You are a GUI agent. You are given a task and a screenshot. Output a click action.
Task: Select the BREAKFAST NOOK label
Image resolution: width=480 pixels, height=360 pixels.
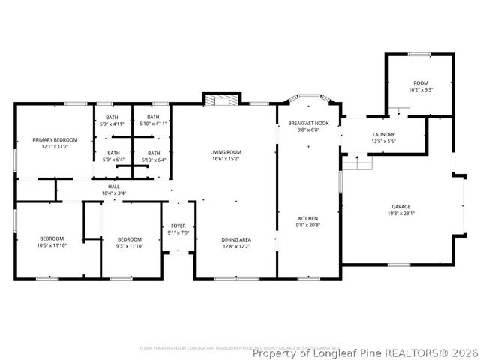tap(308, 123)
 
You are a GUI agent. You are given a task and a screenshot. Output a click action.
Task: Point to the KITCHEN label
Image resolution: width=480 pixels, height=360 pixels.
tap(308, 218)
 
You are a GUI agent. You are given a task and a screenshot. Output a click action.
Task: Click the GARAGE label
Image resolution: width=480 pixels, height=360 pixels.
tap(400, 206)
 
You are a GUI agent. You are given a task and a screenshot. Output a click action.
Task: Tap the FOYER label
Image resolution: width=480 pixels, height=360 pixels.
tap(178, 226)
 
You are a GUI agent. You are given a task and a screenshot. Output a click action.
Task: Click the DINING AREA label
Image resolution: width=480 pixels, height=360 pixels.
tap(235, 239)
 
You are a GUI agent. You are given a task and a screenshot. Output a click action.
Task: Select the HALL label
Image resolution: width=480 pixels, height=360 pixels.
tap(114, 187)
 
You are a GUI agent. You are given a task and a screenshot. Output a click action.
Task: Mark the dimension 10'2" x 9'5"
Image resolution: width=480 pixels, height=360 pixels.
tap(420, 89)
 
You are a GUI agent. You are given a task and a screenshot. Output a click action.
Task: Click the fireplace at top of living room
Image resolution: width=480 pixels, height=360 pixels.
tap(222, 100)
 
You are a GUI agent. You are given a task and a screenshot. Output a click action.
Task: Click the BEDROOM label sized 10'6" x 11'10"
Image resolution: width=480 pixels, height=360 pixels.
tap(51, 239)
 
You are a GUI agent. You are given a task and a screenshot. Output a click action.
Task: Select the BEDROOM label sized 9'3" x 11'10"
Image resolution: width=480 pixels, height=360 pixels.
tap(129, 239)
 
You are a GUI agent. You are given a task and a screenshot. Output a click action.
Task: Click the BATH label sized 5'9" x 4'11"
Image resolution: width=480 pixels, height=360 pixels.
tap(112, 117)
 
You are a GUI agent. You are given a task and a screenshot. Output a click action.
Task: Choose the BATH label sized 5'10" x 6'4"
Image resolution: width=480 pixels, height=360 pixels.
tap(152, 153)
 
